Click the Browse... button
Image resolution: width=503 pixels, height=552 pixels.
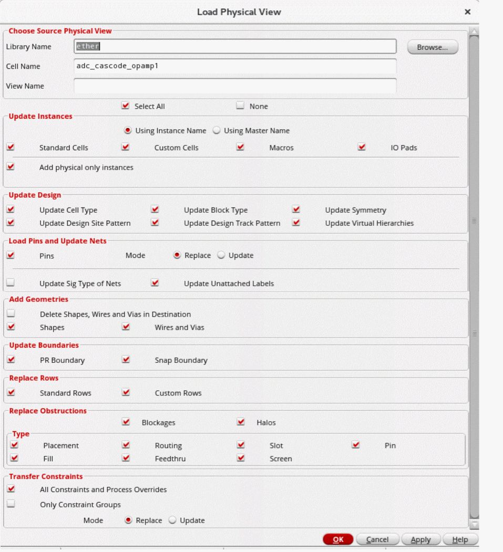tap(433, 47)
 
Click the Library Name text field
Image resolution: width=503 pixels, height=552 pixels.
tap(235, 46)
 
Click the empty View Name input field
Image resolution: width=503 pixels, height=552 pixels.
tap(235, 86)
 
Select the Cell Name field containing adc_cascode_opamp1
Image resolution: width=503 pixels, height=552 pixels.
tap(235, 66)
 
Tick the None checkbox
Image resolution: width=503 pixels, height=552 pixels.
tap(241, 106)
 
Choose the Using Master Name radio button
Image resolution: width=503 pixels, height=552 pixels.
tap(217, 130)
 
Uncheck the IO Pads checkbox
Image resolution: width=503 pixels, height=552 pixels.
tap(362, 147)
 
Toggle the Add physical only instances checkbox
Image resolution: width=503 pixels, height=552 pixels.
tap(11, 167)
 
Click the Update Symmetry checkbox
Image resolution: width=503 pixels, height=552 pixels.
tap(296, 210)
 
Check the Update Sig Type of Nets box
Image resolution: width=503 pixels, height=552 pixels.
tap(11, 283)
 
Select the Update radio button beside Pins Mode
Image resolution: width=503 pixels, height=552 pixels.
tap(221, 255)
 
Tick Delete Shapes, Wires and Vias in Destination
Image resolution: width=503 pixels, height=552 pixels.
tap(11, 314)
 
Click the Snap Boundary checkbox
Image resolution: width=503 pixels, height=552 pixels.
tap(126, 360)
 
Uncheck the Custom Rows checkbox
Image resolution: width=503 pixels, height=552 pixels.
tap(126, 392)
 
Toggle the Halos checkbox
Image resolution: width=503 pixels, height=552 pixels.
tap(241, 422)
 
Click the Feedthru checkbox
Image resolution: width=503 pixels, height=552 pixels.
tap(126, 458)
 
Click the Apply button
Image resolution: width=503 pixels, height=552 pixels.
tap(420, 539)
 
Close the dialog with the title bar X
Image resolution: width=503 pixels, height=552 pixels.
tap(467, 12)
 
